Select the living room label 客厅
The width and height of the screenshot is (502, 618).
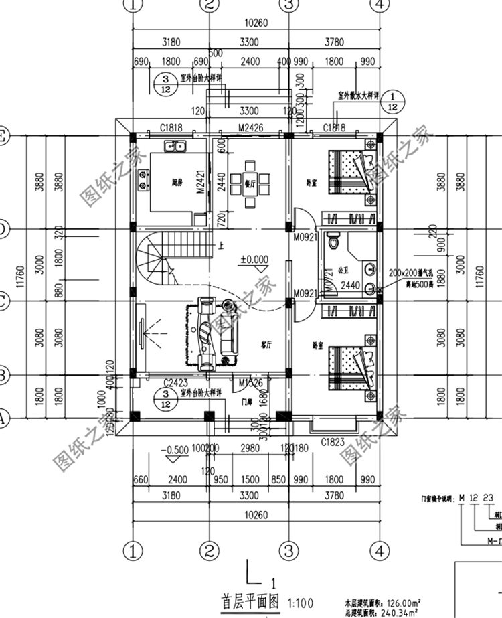click(266, 345)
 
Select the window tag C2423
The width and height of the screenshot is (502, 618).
click(175, 384)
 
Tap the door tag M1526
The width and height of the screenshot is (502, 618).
click(250, 383)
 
